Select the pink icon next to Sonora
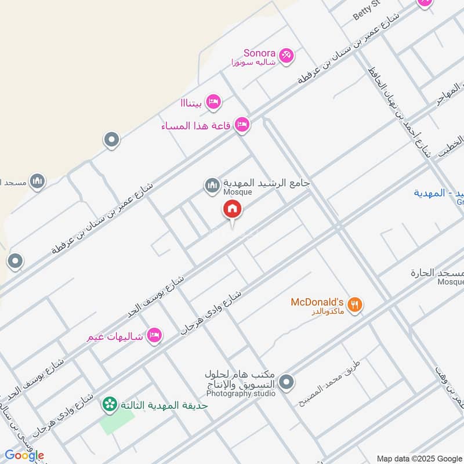286,56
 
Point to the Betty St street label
367,11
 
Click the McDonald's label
317,302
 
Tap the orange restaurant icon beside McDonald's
355,304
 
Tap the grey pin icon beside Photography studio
286,382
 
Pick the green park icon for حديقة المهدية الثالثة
109,404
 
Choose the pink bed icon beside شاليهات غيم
154,335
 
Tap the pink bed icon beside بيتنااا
213,101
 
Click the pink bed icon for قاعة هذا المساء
242,124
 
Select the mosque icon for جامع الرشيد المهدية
212,186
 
